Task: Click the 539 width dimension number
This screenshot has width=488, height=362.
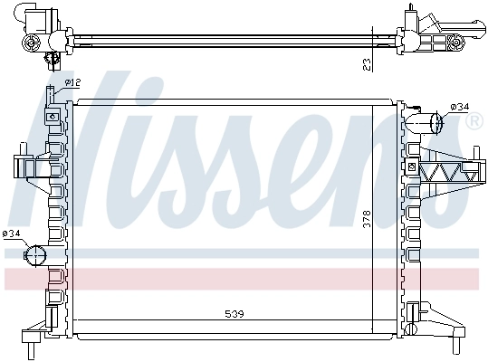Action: (x=234, y=314)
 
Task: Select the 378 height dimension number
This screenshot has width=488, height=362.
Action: (x=367, y=218)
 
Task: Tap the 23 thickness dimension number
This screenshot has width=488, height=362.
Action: (x=365, y=63)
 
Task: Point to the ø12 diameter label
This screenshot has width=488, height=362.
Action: (x=73, y=82)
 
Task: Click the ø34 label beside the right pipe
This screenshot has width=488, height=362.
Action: (x=460, y=107)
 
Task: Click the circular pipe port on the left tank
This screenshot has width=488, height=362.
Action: (x=35, y=254)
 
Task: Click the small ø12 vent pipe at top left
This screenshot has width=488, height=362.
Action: (x=52, y=92)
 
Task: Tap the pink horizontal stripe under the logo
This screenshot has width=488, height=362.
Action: (x=244, y=278)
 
